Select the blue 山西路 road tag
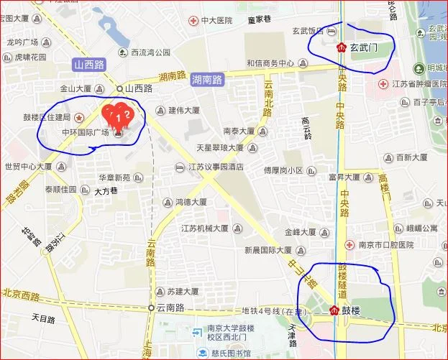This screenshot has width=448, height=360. coord(90,65)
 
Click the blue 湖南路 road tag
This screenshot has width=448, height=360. coord(207,80)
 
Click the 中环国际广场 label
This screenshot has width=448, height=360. coord(86,132)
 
